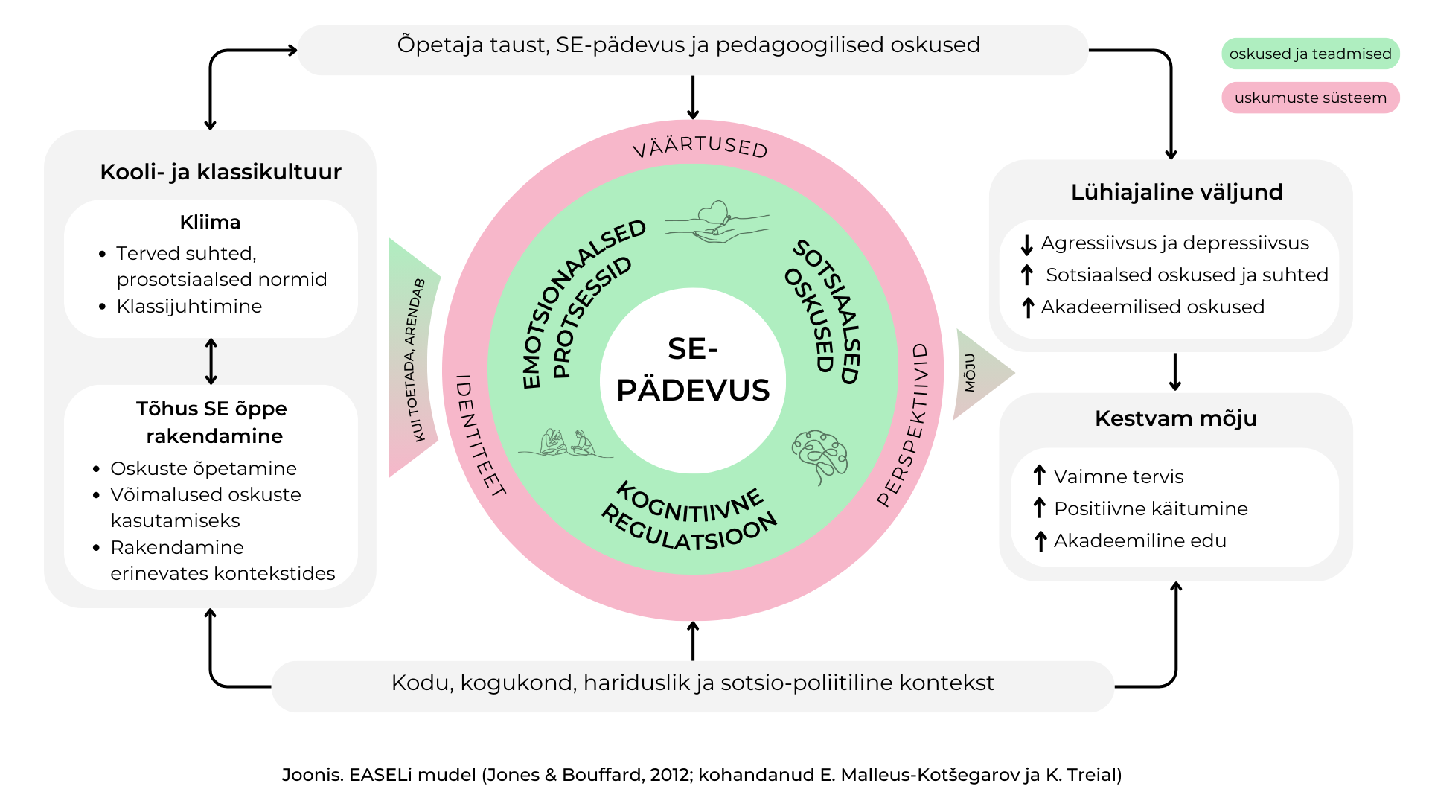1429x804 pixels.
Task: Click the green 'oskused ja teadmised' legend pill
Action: (x=1311, y=54)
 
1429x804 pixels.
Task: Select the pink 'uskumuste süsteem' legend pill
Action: (x=1311, y=98)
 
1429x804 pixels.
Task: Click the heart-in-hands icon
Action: (x=717, y=222)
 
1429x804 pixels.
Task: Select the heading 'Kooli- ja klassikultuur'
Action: (x=221, y=172)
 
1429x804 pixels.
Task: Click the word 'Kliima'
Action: (x=210, y=222)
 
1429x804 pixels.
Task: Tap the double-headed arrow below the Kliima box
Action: (x=211, y=362)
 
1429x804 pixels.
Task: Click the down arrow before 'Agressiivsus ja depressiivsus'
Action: (x=1027, y=244)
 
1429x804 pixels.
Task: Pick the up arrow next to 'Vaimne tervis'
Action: (x=1040, y=476)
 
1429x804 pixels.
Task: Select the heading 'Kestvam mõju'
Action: (x=1176, y=418)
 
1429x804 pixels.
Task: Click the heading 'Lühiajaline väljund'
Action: (x=1177, y=192)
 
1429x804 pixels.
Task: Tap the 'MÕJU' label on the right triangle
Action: (x=970, y=373)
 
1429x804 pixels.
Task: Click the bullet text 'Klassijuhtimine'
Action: (x=189, y=306)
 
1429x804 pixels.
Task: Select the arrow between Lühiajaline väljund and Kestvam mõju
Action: (x=1175, y=372)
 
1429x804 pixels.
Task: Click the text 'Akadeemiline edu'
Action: (x=1140, y=540)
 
